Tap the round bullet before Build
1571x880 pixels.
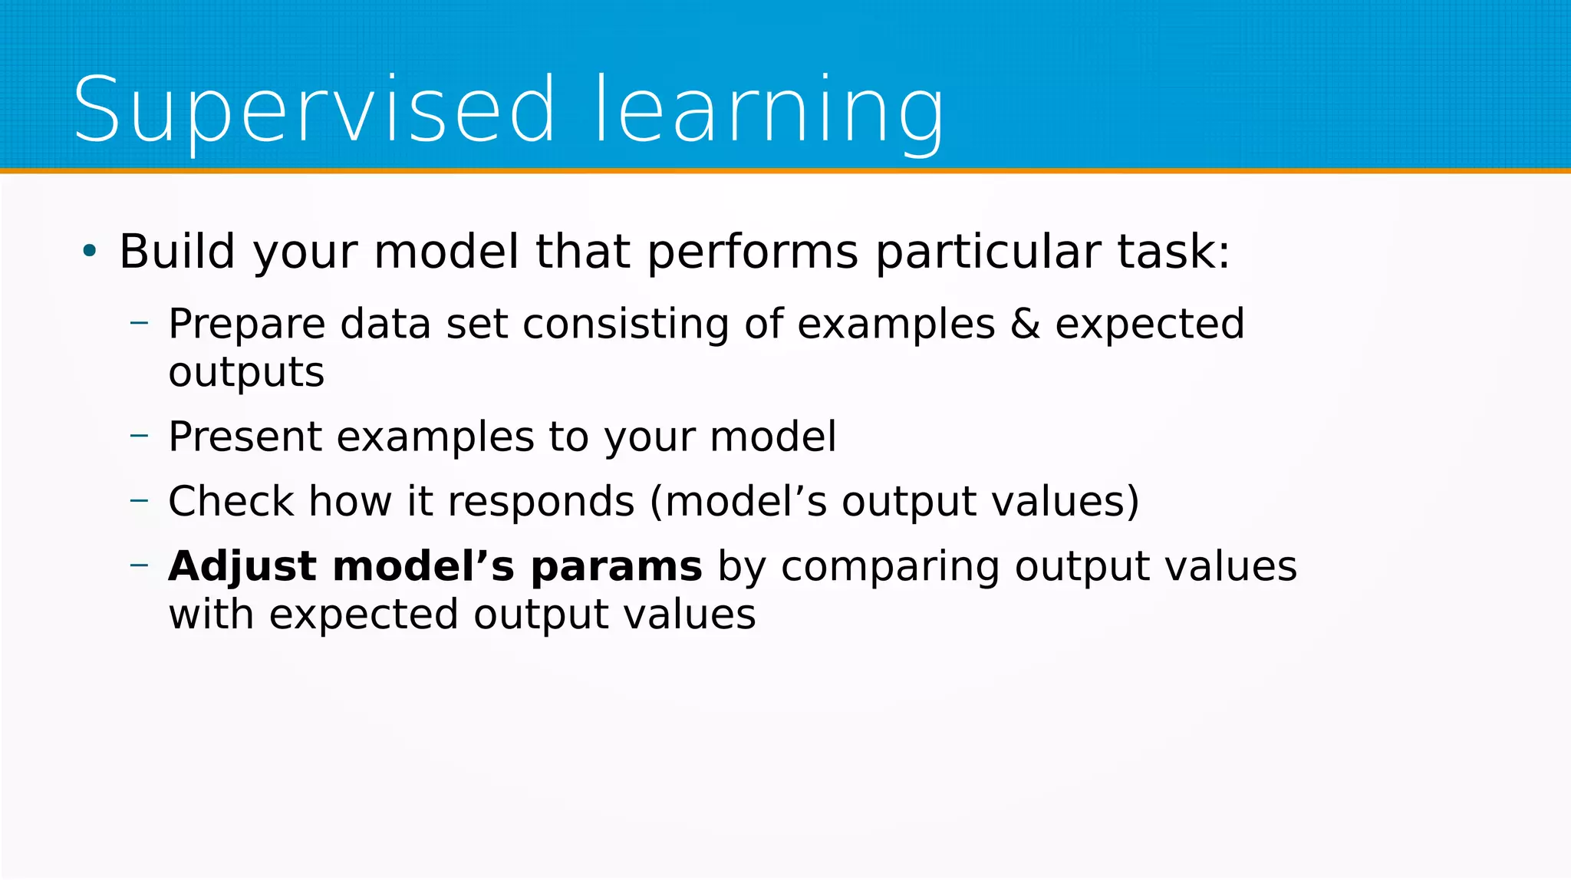pyautogui.click(x=90, y=250)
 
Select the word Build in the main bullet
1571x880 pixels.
pyautogui.click(x=177, y=252)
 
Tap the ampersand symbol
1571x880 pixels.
pyautogui.click(x=1025, y=324)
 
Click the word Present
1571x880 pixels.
pyautogui.click(x=244, y=437)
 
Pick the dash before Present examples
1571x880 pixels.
pyautogui.click(x=140, y=436)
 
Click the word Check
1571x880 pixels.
pyautogui.click(x=230, y=502)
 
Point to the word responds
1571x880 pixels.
pyautogui.click(x=541, y=502)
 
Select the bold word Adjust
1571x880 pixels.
pyautogui.click(x=242, y=568)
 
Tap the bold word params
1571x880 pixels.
pyautogui.click(x=616, y=568)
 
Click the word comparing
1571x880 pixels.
pyautogui.click(x=890, y=568)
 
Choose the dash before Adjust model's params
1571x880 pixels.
pyautogui.click(x=140, y=565)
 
